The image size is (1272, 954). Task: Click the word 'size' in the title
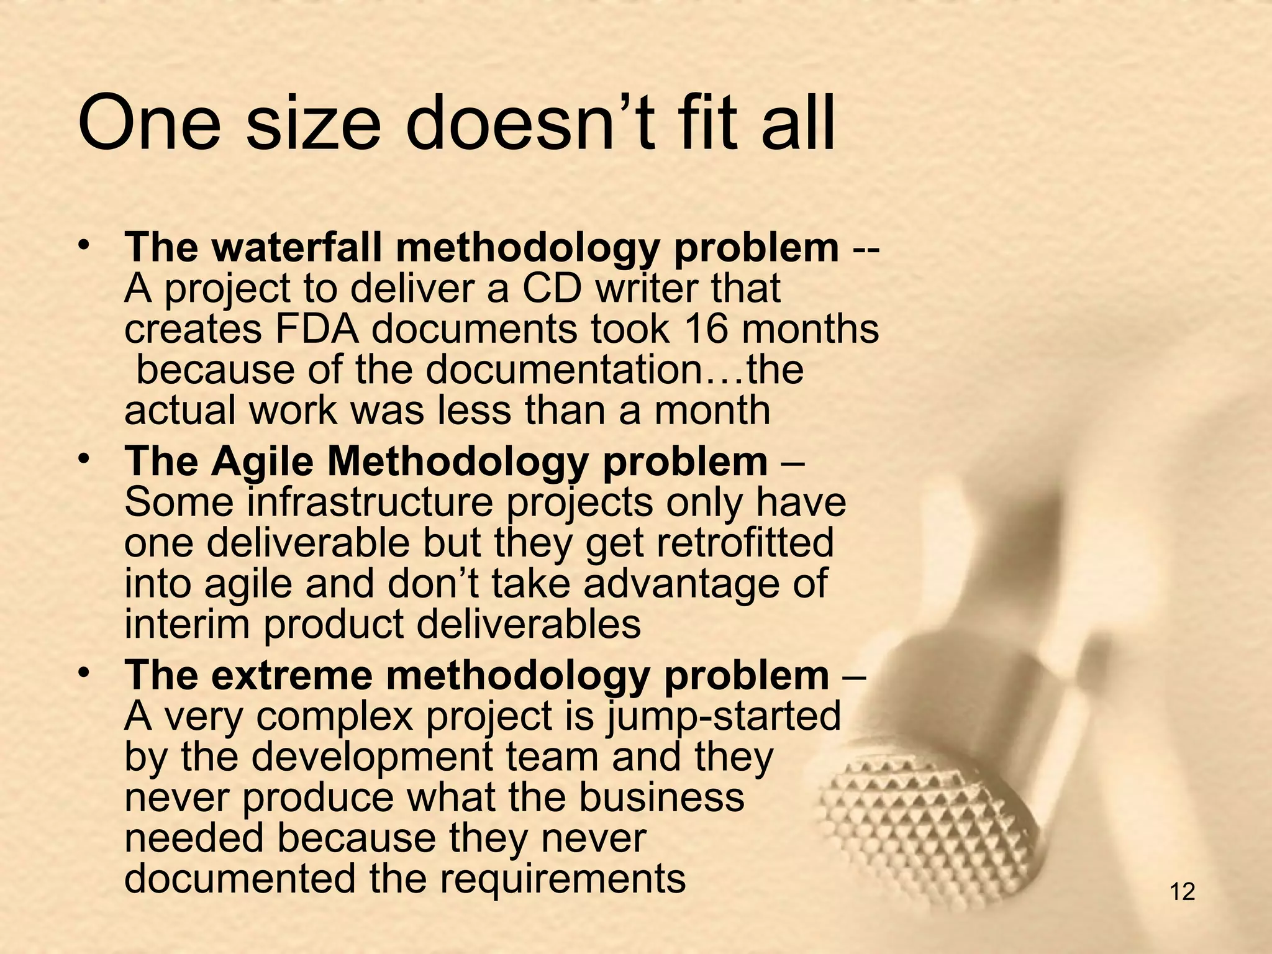pyautogui.click(x=313, y=124)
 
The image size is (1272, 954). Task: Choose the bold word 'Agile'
pyautogui.click(x=262, y=463)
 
